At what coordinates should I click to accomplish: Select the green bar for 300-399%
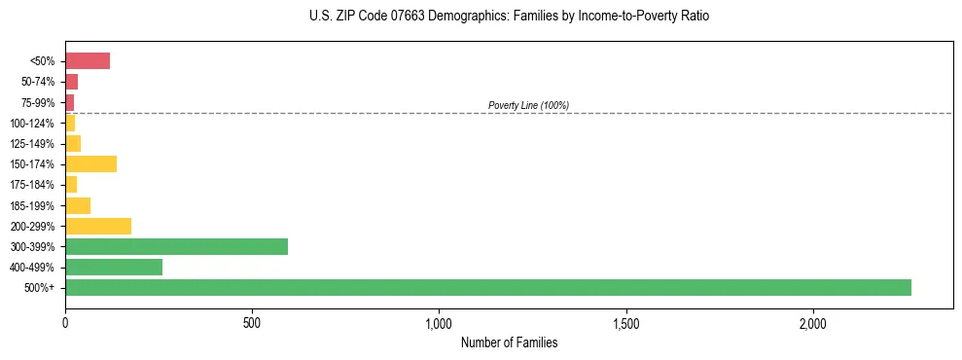(x=176, y=246)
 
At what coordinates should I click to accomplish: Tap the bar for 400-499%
(x=114, y=267)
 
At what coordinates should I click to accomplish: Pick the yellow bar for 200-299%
(x=98, y=226)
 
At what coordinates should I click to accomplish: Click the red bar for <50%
(x=88, y=61)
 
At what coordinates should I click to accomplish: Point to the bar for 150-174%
(x=90, y=163)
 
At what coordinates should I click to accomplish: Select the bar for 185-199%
(x=78, y=205)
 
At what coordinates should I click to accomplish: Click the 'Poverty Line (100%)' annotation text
(x=528, y=105)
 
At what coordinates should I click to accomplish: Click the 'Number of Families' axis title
(x=509, y=342)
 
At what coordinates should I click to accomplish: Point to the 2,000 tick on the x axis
(x=813, y=322)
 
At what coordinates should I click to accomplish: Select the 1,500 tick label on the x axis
(x=626, y=322)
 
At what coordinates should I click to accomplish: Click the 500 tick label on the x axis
(x=252, y=322)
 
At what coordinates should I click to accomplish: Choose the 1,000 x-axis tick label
(x=439, y=322)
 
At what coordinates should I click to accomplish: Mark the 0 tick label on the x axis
(x=65, y=322)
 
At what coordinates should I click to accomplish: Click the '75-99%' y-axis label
(x=38, y=103)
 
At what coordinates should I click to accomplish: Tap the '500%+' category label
(x=41, y=288)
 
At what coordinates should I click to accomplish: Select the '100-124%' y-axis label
(x=32, y=124)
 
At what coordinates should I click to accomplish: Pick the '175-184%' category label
(x=32, y=185)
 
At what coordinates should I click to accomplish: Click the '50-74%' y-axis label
(x=38, y=82)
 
